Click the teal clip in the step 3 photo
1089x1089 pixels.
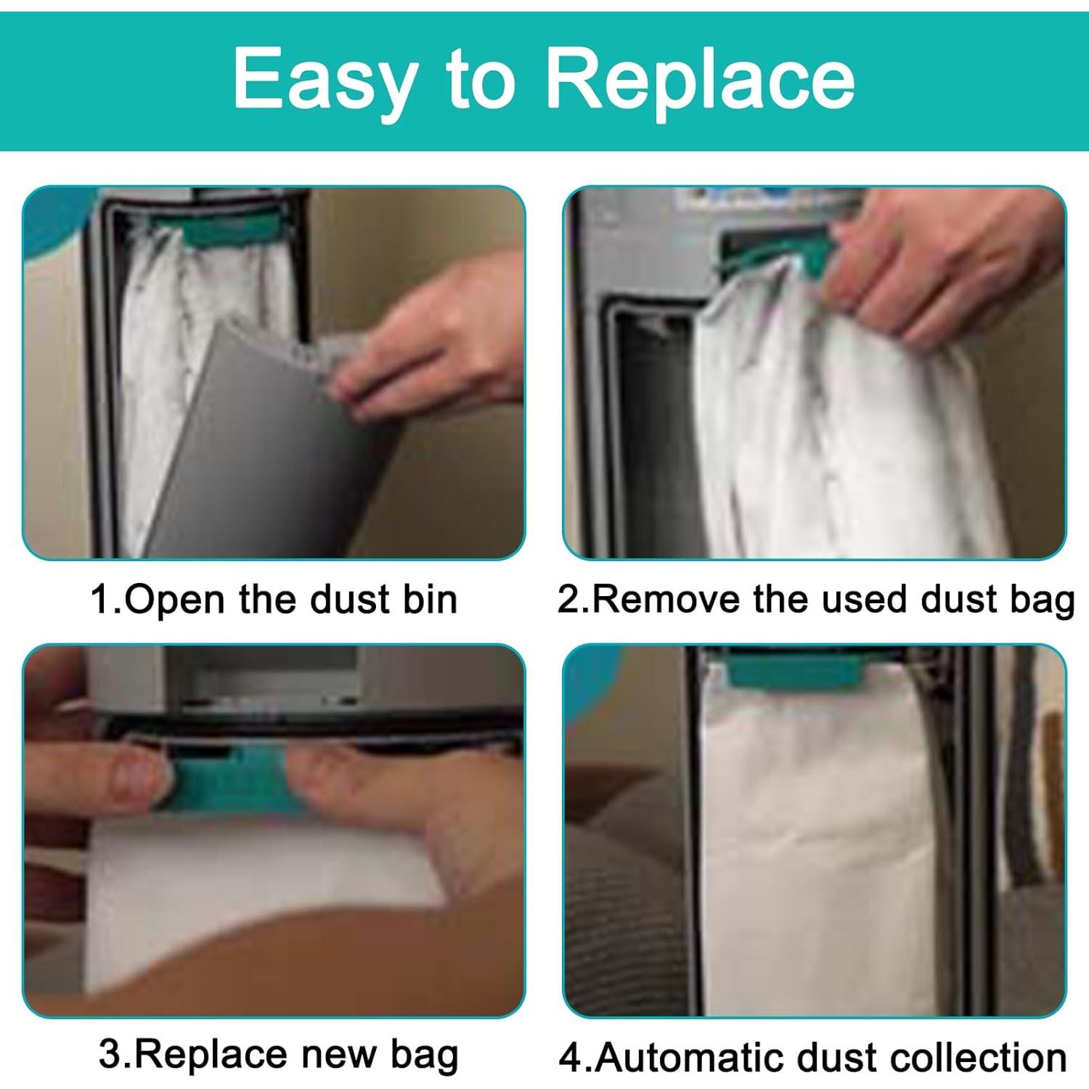point(225,788)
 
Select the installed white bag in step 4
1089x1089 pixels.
point(813,835)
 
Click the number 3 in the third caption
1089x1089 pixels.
point(109,1055)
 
